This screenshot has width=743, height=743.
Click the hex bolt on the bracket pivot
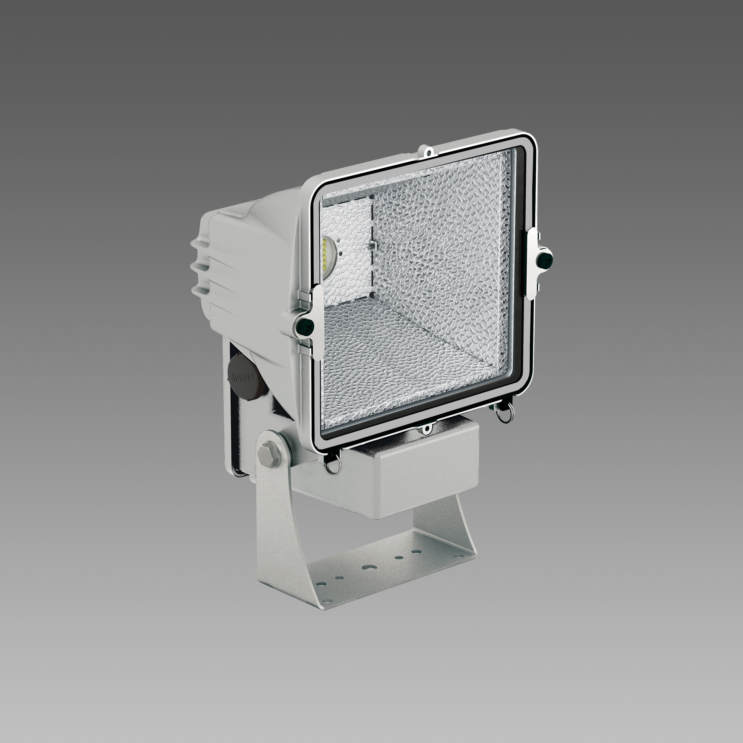(x=266, y=450)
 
